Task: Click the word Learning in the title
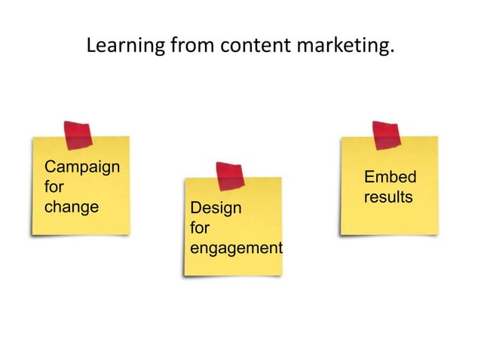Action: pos(122,47)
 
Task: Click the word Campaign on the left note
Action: pos(82,167)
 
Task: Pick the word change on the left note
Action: pos(72,206)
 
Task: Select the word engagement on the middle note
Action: pos(236,248)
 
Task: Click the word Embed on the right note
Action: pos(390,178)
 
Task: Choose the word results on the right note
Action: pos(388,197)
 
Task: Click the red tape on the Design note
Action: pos(230,175)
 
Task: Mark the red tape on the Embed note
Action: pos(386,135)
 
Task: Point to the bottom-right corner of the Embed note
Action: pos(438,232)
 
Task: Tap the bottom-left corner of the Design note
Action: pos(185,273)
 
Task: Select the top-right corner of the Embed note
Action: pos(437,137)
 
